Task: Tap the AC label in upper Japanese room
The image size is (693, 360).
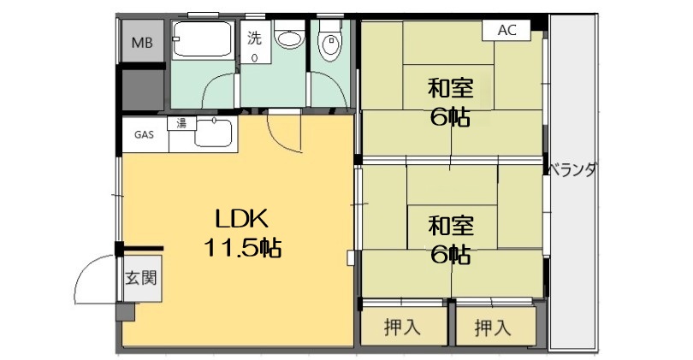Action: (x=506, y=30)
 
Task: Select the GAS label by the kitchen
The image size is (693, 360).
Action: (x=144, y=134)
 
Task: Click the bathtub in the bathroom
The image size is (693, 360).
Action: (x=203, y=38)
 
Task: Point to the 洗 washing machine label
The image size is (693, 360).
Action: (x=254, y=38)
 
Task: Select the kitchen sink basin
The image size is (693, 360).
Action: (x=213, y=133)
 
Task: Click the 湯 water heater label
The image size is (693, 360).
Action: (x=181, y=123)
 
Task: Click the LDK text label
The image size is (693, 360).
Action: (x=241, y=219)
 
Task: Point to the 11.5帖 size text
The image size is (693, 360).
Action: (x=243, y=248)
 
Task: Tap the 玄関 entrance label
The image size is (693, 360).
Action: (x=141, y=278)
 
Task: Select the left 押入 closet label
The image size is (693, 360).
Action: (x=402, y=328)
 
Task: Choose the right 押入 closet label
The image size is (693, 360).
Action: (x=492, y=328)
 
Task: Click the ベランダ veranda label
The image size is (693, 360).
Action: (x=574, y=170)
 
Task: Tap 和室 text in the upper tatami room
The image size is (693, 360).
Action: (x=450, y=88)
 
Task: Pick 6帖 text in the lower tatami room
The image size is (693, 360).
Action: (x=450, y=255)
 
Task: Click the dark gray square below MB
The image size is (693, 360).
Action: (x=142, y=90)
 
